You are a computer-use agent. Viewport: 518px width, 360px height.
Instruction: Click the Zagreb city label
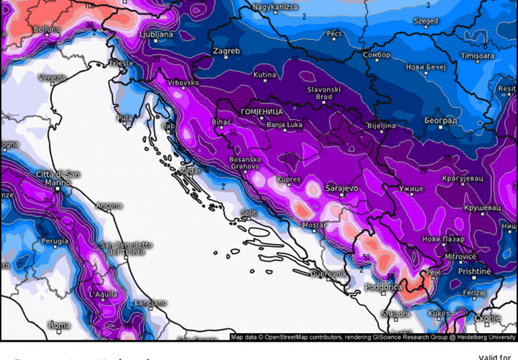click(x=227, y=52)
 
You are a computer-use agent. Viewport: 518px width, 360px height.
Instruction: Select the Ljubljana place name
click(x=157, y=34)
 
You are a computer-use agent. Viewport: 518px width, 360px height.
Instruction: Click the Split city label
click(x=248, y=214)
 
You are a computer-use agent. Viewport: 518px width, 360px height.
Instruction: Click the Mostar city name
click(x=315, y=225)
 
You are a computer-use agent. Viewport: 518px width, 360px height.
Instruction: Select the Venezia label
click(x=53, y=78)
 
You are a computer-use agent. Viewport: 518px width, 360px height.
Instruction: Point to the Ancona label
click(x=110, y=205)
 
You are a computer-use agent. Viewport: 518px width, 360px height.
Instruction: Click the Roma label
click(x=59, y=325)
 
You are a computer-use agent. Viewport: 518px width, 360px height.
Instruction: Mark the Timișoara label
click(x=477, y=55)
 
